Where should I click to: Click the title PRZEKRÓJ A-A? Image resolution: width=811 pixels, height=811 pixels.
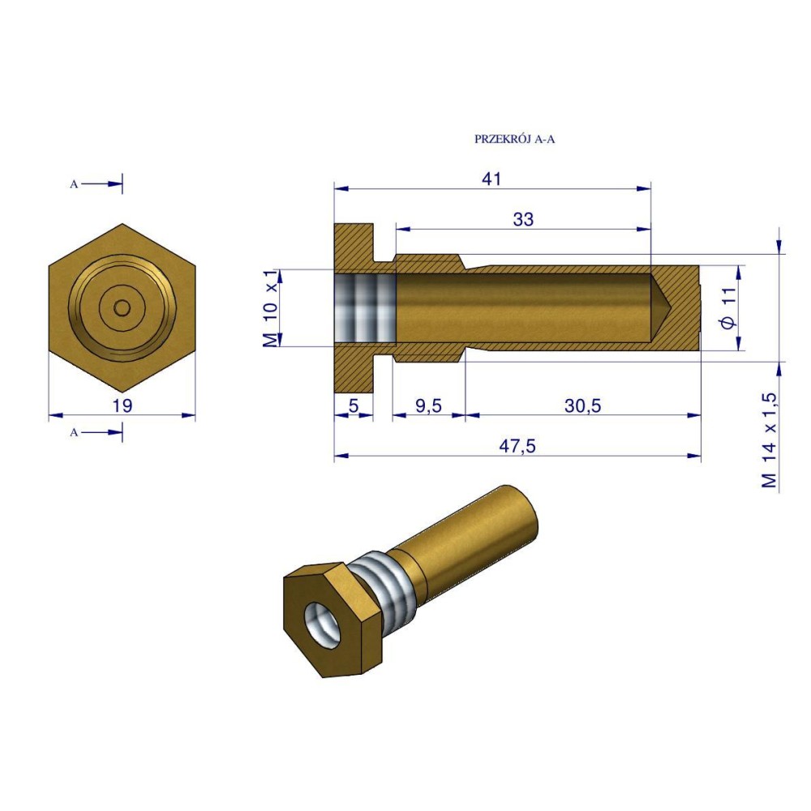click(x=514, y=139)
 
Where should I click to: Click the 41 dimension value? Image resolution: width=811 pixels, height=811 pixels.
click(x=491, y=179)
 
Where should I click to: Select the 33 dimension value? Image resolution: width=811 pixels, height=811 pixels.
click(x=523, y=219)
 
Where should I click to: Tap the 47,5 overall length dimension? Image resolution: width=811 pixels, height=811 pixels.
click(x=517, y=446)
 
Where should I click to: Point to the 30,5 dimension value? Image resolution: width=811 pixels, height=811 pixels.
click(x=583, y=406)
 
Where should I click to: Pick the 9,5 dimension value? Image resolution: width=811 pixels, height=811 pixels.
click(x=429, y=406)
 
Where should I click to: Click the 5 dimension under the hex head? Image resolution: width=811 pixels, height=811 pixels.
click(x=354, y=406)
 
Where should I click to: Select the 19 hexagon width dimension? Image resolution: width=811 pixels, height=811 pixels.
click(x=122, y=406)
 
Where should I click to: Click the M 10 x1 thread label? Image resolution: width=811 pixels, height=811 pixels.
click(x=271, y=308)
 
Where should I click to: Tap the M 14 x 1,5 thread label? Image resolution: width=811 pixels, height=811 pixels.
click(x=769, y=440)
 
